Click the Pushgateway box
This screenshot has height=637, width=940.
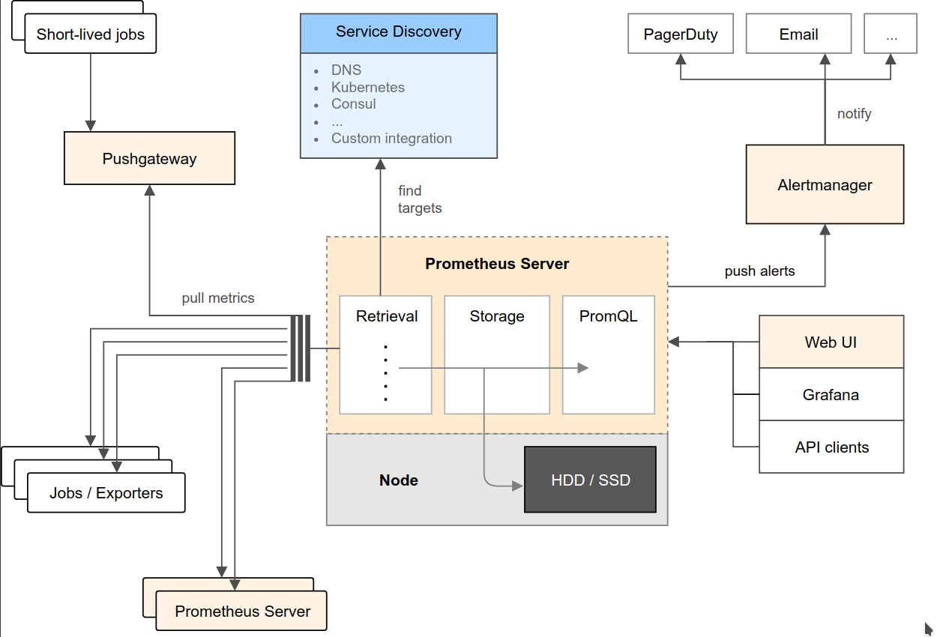(x=149, y=159)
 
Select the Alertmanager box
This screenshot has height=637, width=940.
(x=825, y=185)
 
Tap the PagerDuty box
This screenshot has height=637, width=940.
(x=681, y=34)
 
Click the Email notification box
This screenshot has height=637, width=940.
(x=798, y=34)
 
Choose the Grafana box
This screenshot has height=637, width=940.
(x=831, y=395)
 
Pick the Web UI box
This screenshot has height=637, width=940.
(x=831, y=342)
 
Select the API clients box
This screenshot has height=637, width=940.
(x=831, y=447)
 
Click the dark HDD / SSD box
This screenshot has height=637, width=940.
(x=590, y=480)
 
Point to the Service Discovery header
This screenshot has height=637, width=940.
(x=398, y=32)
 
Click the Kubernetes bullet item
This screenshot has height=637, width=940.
(x=367, y=87)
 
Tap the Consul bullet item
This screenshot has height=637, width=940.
(x=353, y=104)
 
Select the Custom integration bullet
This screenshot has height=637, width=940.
(x=391, y=139)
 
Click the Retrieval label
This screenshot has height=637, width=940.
(x=387, y=316)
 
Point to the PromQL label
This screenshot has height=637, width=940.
(x=608, y=316)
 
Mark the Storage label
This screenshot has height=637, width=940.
(x=497, y=316)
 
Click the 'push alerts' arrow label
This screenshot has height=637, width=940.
(x=759, y=271)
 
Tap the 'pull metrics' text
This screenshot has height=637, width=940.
(x=218, y=298)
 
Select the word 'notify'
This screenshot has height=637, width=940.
(x=854, y=114)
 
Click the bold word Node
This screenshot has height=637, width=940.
(x=399, y=480)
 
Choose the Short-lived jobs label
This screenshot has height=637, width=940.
(x=91, y=34)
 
